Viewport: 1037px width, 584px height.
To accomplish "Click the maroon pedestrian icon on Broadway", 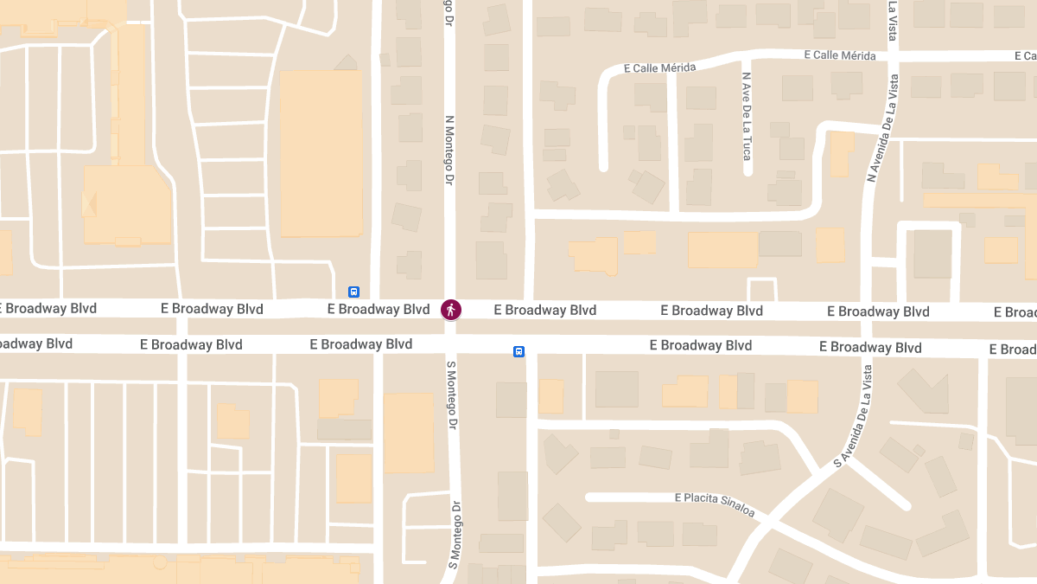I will (x=451, y=309).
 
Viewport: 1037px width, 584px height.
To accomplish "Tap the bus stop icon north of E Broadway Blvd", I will (x=353, y=292).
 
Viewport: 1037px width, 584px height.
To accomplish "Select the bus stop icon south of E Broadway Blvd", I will (x=518, y=351).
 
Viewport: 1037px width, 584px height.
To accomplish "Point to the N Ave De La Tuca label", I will (x=747, y=116).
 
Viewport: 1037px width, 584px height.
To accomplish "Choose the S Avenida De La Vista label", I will (x=854, y=416).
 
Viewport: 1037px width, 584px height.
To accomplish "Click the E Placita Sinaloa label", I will (x=715, y=504).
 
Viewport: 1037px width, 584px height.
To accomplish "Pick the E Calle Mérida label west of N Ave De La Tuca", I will (x=659, y=67).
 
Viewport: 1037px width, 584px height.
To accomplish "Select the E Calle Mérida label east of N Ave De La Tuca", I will (x=839, y=55).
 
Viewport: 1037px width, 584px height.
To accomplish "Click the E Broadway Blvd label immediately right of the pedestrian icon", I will (x=544, y=310).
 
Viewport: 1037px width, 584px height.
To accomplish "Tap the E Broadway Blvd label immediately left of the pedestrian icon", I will (x=379, y=309).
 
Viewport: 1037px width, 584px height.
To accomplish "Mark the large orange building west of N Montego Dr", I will (x=321, y=153).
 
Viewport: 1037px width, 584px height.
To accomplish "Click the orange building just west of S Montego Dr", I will (x=409, y=433).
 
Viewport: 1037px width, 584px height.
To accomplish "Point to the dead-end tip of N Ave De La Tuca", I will (x=748, y=170).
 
